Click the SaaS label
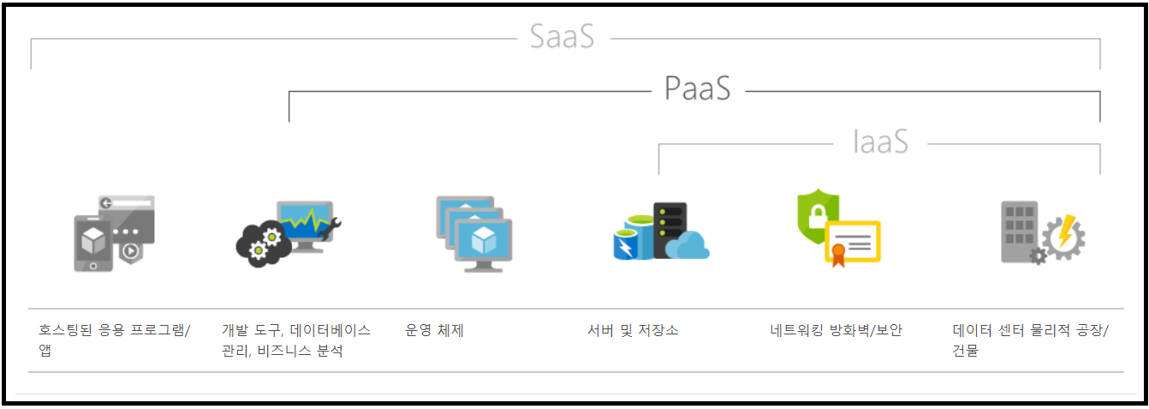(x=562, y=38)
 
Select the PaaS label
(x=698, y=89)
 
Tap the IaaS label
(x=880, y=142)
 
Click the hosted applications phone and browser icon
(x=114, y=233)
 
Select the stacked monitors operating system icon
(x=473, y=233)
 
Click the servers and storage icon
(x=661, y=232)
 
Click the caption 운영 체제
(x=434, y=330)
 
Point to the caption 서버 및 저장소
(x=633, y=330)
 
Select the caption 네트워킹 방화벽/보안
(x=836, y=330)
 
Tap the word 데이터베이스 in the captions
(x=330, y=330)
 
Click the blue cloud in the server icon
(x=688, y=245)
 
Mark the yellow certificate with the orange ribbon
(x=853, y=242)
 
